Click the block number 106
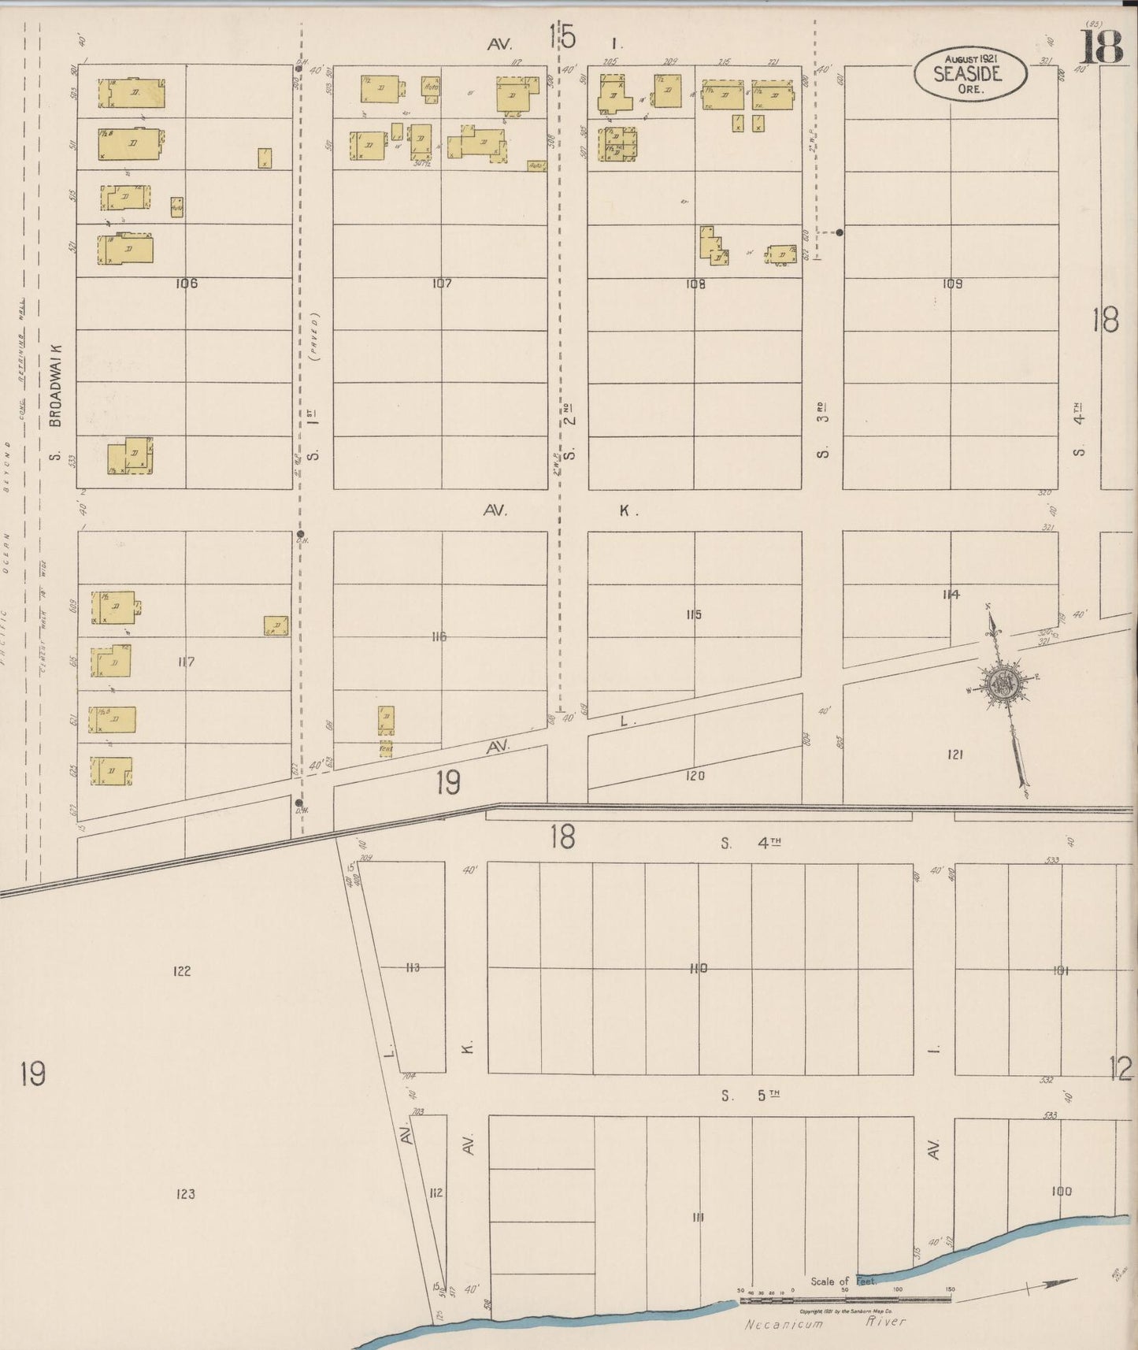187,284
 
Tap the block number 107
441,284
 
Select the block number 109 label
951,284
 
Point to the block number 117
186,662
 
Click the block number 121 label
955,755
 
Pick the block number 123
185,1194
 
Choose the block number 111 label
698,1218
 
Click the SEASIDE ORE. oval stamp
970,72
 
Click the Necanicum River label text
825,1323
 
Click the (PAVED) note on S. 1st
315,337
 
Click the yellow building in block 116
387,719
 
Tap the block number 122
182,971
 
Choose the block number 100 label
1061,1191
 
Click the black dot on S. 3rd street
840,232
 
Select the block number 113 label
412,968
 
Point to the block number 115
693,614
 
